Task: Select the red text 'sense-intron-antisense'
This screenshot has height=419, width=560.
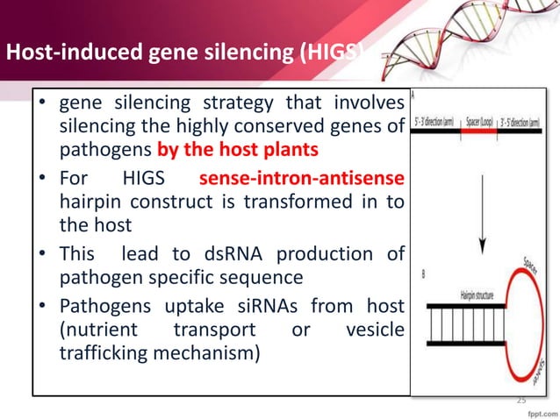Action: [x=302, y=180]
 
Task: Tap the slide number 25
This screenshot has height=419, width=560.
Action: [x=521, y=400]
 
